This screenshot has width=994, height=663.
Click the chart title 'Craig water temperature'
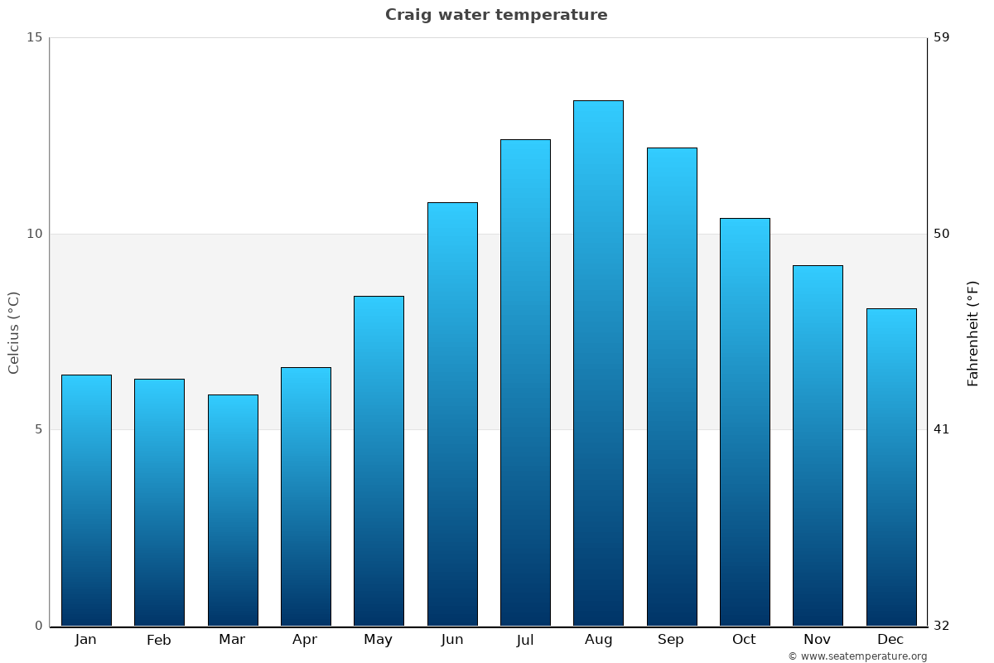click(x=496, y=15)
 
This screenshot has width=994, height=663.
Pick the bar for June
click(x=452, y=414)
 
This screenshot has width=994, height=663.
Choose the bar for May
click(x=379, y=461)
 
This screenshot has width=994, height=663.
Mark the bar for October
click(x=745, y=422)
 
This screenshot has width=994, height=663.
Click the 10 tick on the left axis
click(x=34, y=234)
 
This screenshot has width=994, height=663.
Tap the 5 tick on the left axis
click(x=37, y=429)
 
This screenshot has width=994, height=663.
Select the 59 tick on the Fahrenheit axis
click(x=942, y=37)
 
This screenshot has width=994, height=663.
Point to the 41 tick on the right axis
click(x=942, y=429)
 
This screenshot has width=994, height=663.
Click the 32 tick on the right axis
click(x=942, y=626)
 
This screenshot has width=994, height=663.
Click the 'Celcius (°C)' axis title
click(x=13, y=332)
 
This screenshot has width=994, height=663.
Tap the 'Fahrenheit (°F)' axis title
click(x=973, y=332)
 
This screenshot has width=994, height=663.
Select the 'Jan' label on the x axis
click(x=85, y=640)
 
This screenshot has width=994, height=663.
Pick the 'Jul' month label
click(x=525, y=640)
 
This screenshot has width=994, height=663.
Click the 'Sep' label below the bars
click(x=671, y=640)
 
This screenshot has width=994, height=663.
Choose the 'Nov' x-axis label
click(x=818, y=640)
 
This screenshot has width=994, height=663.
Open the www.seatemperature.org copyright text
click(x=857, y=656)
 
